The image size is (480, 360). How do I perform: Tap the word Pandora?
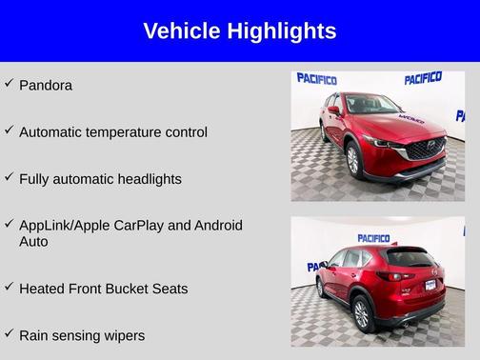point(46,86)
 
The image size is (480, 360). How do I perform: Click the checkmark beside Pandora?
point(10,84)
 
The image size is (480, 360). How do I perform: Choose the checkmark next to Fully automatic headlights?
point(10,177)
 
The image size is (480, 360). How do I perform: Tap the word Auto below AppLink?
point(33,242)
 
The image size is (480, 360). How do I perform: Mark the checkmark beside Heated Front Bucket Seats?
point(10,287)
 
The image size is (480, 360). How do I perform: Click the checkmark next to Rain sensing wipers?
point(10,333)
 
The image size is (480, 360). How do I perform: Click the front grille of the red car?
point(425,150)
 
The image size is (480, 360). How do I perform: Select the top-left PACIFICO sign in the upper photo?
point(316,79)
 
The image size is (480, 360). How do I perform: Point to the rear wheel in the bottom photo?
point(362,311)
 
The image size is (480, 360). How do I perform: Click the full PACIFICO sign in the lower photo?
point(373,238)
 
